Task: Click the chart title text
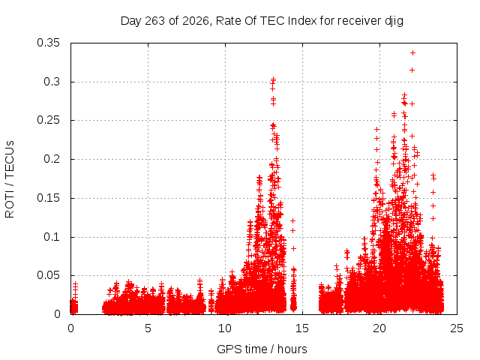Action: pos(262,21)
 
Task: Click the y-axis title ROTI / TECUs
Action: pos(10,179)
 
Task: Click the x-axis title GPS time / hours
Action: pos(262,349)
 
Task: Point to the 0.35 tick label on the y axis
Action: pos(48,43)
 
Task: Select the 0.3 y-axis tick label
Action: pos(52,82)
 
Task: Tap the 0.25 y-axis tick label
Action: pos(48,120)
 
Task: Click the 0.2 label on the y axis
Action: pos(52,159)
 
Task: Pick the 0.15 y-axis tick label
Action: pos(48,198)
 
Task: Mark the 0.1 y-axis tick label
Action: pos(52,237)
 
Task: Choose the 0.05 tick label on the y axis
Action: pos(48,275)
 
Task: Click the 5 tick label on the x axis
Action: pos(148,328)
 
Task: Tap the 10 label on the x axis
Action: pos(225,328)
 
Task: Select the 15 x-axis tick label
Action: pos(302,328)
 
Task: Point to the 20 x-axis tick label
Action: pos(379,328)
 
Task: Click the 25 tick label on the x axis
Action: pos(457,328)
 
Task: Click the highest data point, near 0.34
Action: pos(412,53)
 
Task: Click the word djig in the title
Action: pos(394,22)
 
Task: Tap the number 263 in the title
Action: pos(155,21)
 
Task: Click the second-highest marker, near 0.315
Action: pos(412,70)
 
